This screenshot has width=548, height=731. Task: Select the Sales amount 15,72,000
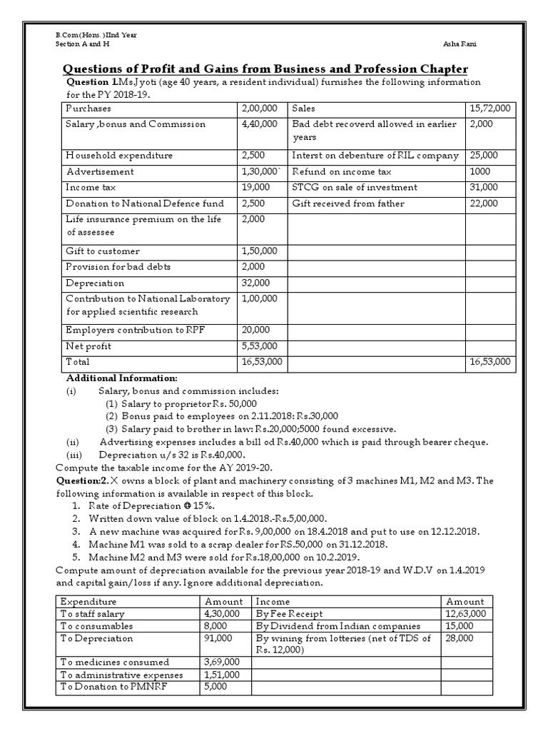point(489,109)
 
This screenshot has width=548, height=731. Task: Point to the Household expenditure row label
point(119,156)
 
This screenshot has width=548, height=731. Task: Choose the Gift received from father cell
point(348,203)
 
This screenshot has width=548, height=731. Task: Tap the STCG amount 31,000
point(483,188)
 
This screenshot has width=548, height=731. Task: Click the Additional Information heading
point(121,378)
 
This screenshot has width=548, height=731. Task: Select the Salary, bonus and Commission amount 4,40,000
point(260,124)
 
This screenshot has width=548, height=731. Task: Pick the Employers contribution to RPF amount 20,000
point(256,330)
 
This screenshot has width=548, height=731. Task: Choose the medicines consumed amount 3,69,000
point(222,662)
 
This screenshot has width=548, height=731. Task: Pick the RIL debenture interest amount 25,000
point(483,156)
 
